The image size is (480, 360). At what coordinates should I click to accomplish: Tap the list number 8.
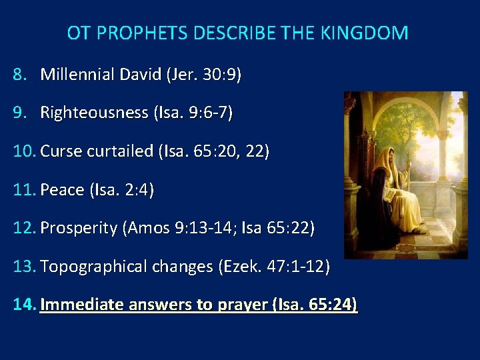(x=19, y=74)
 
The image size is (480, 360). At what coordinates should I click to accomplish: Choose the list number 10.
(x=23, y=151)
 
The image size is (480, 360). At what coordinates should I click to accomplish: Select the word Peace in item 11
(x=61, y=190)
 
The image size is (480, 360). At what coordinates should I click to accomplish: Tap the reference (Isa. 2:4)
(x=121, y=190)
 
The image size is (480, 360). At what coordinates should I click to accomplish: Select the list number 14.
(x=23, y=305)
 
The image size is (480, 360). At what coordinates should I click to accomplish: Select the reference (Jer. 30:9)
(x=204, y=74)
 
